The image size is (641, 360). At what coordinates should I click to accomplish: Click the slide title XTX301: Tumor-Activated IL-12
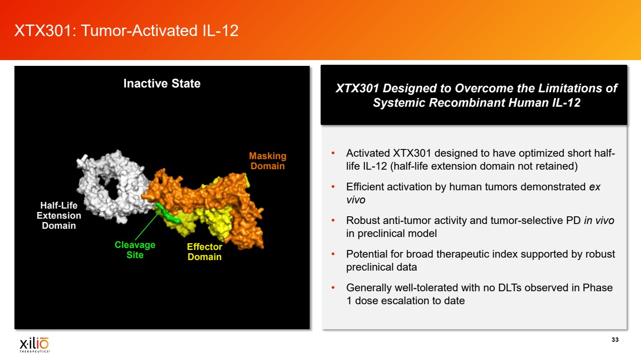[x=126, y=31]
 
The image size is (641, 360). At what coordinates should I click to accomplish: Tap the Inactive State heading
[x=162, y=84]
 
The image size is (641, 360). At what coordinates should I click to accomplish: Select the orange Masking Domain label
[x=267, y=161]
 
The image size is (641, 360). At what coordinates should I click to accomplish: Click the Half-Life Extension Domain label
[x=59, y=215]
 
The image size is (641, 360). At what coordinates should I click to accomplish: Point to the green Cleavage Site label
[x=135, y=250]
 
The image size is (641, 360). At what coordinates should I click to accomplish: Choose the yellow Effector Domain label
[x=204, y=252]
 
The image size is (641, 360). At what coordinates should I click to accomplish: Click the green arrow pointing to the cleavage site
[x=148, y=225]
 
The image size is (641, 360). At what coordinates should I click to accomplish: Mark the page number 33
[x=615, y=340]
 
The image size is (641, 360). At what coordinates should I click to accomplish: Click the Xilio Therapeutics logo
[x=35, y=345]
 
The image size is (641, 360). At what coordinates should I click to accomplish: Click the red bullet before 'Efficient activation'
[x=333, y=187]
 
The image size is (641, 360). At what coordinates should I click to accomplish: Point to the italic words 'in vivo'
[x=599, y=221]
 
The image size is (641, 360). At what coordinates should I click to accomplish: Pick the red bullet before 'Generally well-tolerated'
[x=333, y=287]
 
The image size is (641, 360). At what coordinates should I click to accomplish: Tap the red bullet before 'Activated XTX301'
[x=333, y=153]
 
